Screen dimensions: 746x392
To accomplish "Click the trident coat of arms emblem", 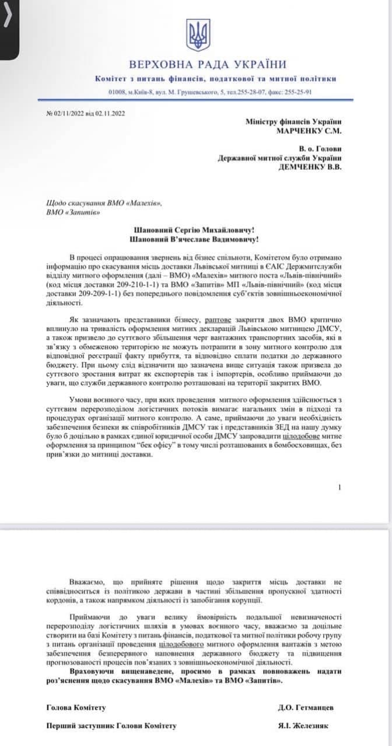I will tap(198, 35).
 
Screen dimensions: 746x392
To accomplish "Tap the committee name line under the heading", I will tap(215, 79).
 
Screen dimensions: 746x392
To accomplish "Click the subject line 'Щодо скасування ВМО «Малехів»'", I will tap(102, 203).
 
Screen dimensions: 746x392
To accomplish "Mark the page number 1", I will tap(339, 487).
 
